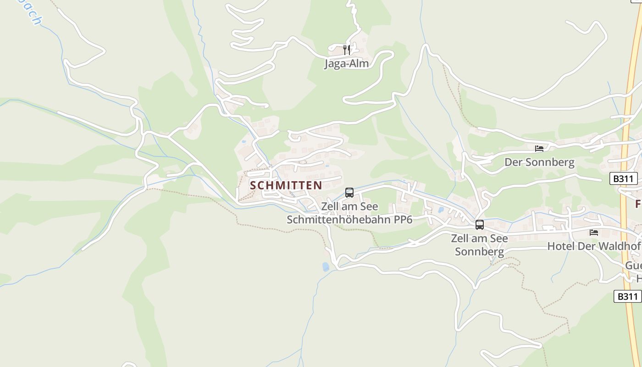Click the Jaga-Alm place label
[347, 63]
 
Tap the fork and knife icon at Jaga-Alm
[347, 49]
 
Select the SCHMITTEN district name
[286, 185]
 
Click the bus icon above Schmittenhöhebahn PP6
[349, 193]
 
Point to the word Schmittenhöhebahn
[339, 220]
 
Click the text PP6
[403, 220]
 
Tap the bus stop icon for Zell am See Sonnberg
[480, 225]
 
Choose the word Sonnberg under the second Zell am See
[480, 251]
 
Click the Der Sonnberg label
[539, 162]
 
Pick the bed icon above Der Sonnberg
[539, 149]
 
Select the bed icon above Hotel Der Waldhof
[594, 233]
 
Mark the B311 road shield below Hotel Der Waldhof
[627, 296]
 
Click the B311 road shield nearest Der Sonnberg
[624, 178]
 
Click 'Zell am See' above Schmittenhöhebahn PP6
[349, 206]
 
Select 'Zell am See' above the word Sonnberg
[480, 238]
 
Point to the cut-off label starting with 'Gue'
[634, 266]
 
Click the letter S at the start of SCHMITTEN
[254, 185]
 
